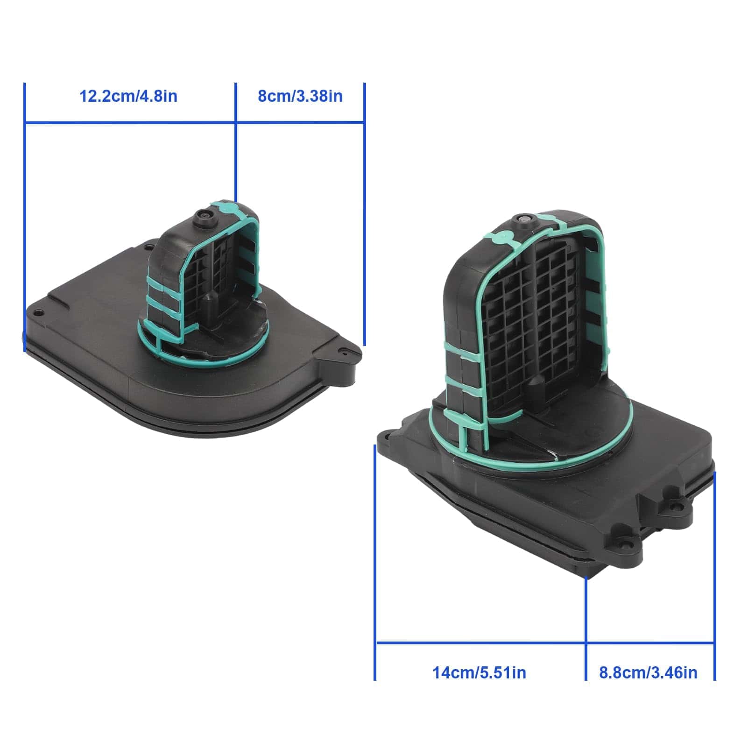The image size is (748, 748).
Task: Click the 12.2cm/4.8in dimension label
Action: click(128, 96)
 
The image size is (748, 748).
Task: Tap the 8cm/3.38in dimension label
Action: click(300, 96)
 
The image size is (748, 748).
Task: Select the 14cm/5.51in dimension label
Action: click(479, 673)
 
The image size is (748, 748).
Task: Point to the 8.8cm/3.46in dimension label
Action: click(648, 673)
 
